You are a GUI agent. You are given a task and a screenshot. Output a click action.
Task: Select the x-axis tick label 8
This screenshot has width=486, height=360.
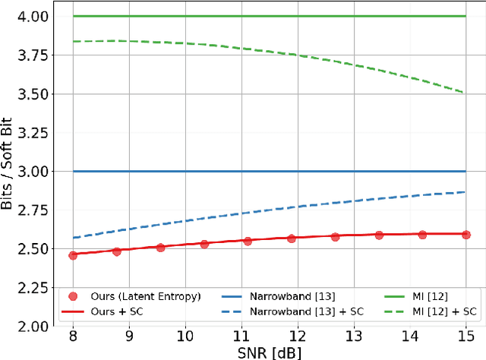73,335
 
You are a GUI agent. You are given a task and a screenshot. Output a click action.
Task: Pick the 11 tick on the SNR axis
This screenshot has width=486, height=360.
241,335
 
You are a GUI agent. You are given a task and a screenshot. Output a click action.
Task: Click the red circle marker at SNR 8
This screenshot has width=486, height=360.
73,255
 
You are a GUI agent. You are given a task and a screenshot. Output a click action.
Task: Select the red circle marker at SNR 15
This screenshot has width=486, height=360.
466,235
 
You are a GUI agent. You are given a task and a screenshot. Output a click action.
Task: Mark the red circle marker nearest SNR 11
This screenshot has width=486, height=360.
247,242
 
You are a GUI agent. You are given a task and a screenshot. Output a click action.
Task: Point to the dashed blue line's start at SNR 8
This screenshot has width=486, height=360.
73,238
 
